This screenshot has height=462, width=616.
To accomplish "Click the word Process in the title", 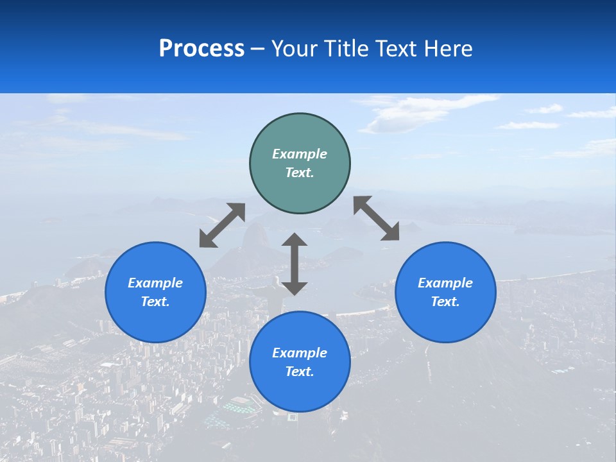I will pos(201,49).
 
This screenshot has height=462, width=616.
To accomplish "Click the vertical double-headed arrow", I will pos(295,264).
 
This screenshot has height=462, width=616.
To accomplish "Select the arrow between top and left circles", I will pos(222,225).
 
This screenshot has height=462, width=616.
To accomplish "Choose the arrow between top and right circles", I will pos(377,218).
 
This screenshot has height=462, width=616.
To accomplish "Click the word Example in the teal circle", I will pos(300,154).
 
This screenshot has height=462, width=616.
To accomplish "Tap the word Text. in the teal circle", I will pos(300,173).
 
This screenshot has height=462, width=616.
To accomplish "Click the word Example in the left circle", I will pos(155,283).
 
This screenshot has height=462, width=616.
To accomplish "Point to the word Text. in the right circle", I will pos(445,302).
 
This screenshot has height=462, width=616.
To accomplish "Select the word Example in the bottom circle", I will pos(300,353).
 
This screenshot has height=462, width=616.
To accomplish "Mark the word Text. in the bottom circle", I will pos(300,372).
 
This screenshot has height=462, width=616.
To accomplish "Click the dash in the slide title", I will pos(257,49).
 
